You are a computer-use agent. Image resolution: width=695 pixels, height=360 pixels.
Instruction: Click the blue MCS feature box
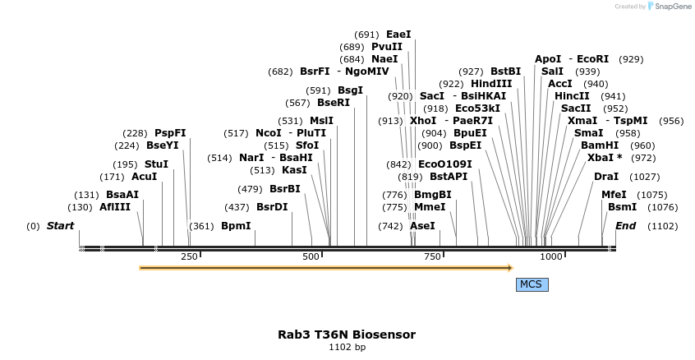pos(531,284)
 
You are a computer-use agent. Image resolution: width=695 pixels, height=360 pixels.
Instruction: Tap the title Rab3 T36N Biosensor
pos(347,335)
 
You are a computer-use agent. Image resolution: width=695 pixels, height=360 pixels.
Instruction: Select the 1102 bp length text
pos(347,348)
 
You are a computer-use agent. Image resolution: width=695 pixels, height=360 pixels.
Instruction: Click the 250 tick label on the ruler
pos(190,257)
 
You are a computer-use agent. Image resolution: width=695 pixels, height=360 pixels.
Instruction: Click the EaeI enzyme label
pos(398,35)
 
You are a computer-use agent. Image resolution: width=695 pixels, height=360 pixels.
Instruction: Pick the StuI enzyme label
pos(156,164)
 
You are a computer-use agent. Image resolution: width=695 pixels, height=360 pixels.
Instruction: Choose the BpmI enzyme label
pos(236,226)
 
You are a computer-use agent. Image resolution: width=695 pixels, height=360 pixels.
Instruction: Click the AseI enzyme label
pos(422,226)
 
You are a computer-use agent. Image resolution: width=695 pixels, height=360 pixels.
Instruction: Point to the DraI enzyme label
pos(606,177)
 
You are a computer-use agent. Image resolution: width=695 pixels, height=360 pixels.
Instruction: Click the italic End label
pos(625,226)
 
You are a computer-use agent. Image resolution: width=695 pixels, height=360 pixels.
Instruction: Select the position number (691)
pos(366,35)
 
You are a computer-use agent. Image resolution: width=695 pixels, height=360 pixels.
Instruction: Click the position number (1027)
pos(645,177)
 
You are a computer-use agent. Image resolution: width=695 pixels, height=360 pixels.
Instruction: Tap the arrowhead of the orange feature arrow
pos(509,267)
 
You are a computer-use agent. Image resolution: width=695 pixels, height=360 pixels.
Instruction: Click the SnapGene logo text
pos(673,7)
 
